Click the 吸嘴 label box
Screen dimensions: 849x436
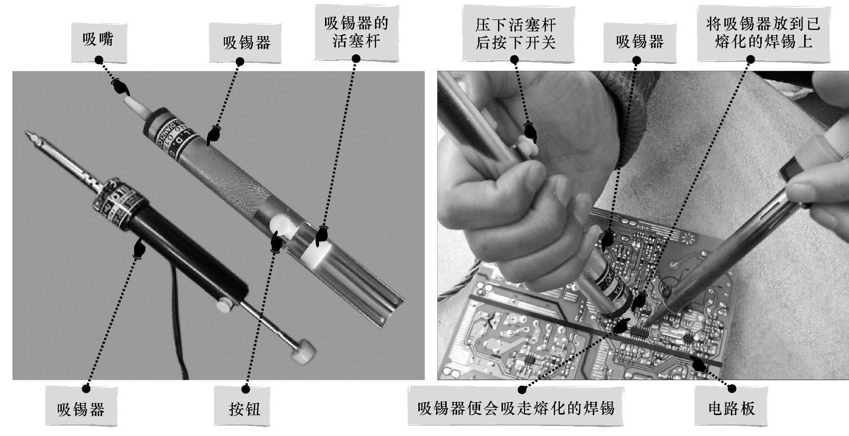click(x=99, y=42)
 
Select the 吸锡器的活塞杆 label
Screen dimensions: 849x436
click(x=356, y=32)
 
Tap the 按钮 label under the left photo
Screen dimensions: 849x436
click(x=242, y=406)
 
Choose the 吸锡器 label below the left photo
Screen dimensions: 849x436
click(x=81, y=406)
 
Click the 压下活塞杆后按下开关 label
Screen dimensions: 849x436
click(x=518, y=33)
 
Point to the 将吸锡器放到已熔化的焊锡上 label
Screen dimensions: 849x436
click(x=763, y=33)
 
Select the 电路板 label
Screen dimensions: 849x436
click(x=731, y=406)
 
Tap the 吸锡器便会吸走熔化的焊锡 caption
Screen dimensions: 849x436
click(x=515, y=406)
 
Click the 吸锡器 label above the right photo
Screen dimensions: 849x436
click(x=640, y=42)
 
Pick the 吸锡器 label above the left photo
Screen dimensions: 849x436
click(x=245, y=42)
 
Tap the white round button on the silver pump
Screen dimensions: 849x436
click(x=281, y=227)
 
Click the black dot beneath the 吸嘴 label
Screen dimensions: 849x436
click(x=99, y=60)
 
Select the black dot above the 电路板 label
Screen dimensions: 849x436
click(x=732, y=389)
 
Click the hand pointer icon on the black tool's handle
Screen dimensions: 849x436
click(x=139, y=248)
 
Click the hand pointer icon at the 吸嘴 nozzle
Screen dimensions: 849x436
click(x=120, y=87)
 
